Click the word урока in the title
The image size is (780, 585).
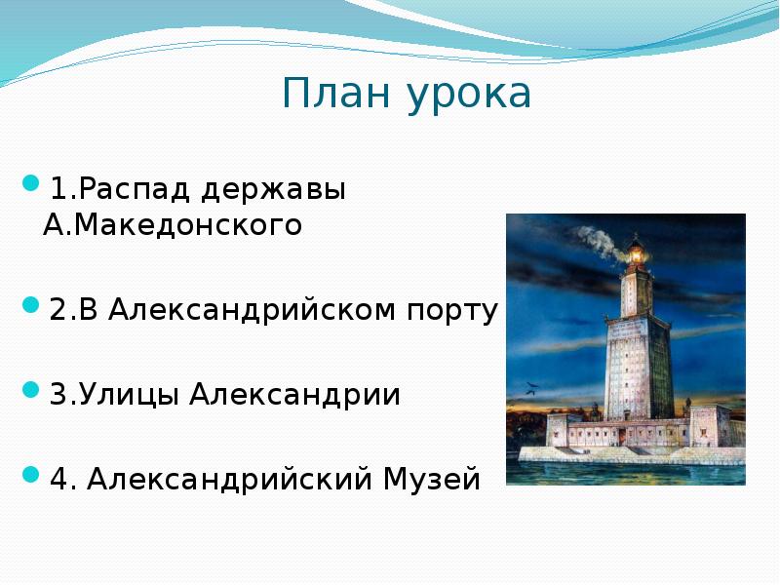[x=469, y=96]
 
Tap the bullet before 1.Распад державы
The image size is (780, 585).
[x=30, y=182]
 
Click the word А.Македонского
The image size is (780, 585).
[x=173, y=226]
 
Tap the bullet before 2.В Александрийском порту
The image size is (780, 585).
[x=30, y=305]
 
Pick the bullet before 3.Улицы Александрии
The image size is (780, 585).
[x=30, y=390]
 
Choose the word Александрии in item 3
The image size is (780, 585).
[x=295, y=396]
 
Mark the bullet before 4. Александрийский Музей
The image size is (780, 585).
[x=30, y=475]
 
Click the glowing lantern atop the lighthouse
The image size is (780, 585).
[x=637, y=256]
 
